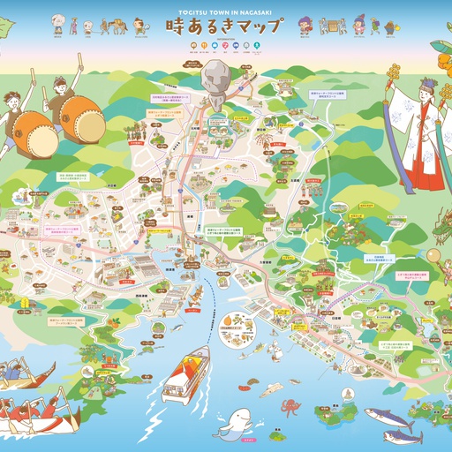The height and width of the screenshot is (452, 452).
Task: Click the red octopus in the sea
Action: (x=290, y=407)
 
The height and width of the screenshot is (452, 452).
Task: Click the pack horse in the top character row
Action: (x=117, y=26)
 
